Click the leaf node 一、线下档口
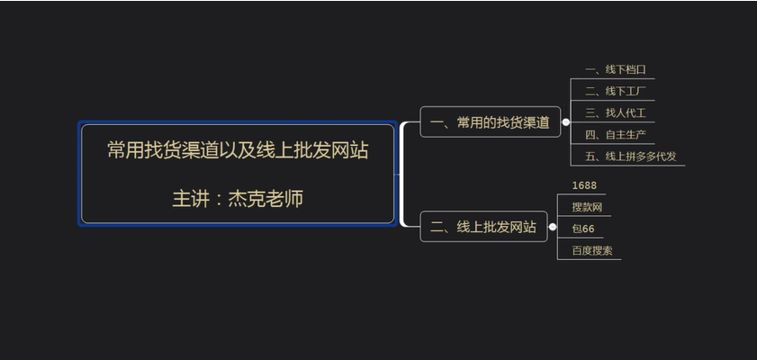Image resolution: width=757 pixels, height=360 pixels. click(x=616, y=69)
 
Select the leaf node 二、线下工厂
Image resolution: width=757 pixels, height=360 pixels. click(x=616, y=91)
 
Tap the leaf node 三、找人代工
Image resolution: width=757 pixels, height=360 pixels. click(x=616, y=112)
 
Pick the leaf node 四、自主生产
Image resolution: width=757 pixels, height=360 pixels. click(x=616, y=134)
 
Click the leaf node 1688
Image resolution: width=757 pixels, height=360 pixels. click(x=583, y=185)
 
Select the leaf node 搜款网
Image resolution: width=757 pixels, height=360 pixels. click(x=587, y=207)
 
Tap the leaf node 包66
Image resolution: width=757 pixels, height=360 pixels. click(x=583, y=229)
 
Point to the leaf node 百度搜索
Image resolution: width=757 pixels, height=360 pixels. click(x=592, y=250)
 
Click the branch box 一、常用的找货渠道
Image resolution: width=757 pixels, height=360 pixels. click(x=490, y=122)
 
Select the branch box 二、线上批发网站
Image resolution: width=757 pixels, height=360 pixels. click(x=483, y=228)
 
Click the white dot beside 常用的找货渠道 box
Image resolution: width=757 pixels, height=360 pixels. click(x=566, y=121)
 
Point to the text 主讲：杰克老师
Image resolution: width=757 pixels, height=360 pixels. click(x=238, y=198)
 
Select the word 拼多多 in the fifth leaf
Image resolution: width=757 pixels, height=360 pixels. click(x=640, y=156)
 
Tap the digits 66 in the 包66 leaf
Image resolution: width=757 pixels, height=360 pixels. click(x=589, y=229)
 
